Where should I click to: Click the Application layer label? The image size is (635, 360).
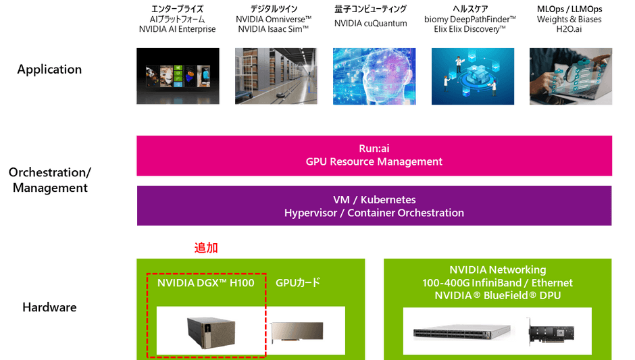49,70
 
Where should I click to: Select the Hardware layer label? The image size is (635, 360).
49,307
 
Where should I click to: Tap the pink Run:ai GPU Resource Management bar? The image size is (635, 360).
374,155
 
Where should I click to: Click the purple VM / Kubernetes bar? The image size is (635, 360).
374,206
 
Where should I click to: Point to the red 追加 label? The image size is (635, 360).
206,247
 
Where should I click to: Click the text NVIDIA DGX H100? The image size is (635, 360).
206,282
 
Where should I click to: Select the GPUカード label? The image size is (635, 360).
298,282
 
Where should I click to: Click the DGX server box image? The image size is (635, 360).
211,332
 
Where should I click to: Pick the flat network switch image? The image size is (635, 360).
461,333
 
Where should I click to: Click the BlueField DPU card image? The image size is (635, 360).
551,332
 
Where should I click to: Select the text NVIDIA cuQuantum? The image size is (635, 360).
371,24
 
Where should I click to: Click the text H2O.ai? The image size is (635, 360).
569,29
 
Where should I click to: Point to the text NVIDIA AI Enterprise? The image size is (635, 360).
178,29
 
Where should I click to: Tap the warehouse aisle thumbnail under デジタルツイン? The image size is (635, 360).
276,76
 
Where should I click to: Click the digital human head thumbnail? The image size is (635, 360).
374,76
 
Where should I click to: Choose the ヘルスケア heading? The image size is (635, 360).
470,9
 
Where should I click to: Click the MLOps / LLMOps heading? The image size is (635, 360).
569,9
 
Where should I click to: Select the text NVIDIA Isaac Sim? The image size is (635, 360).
274,29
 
